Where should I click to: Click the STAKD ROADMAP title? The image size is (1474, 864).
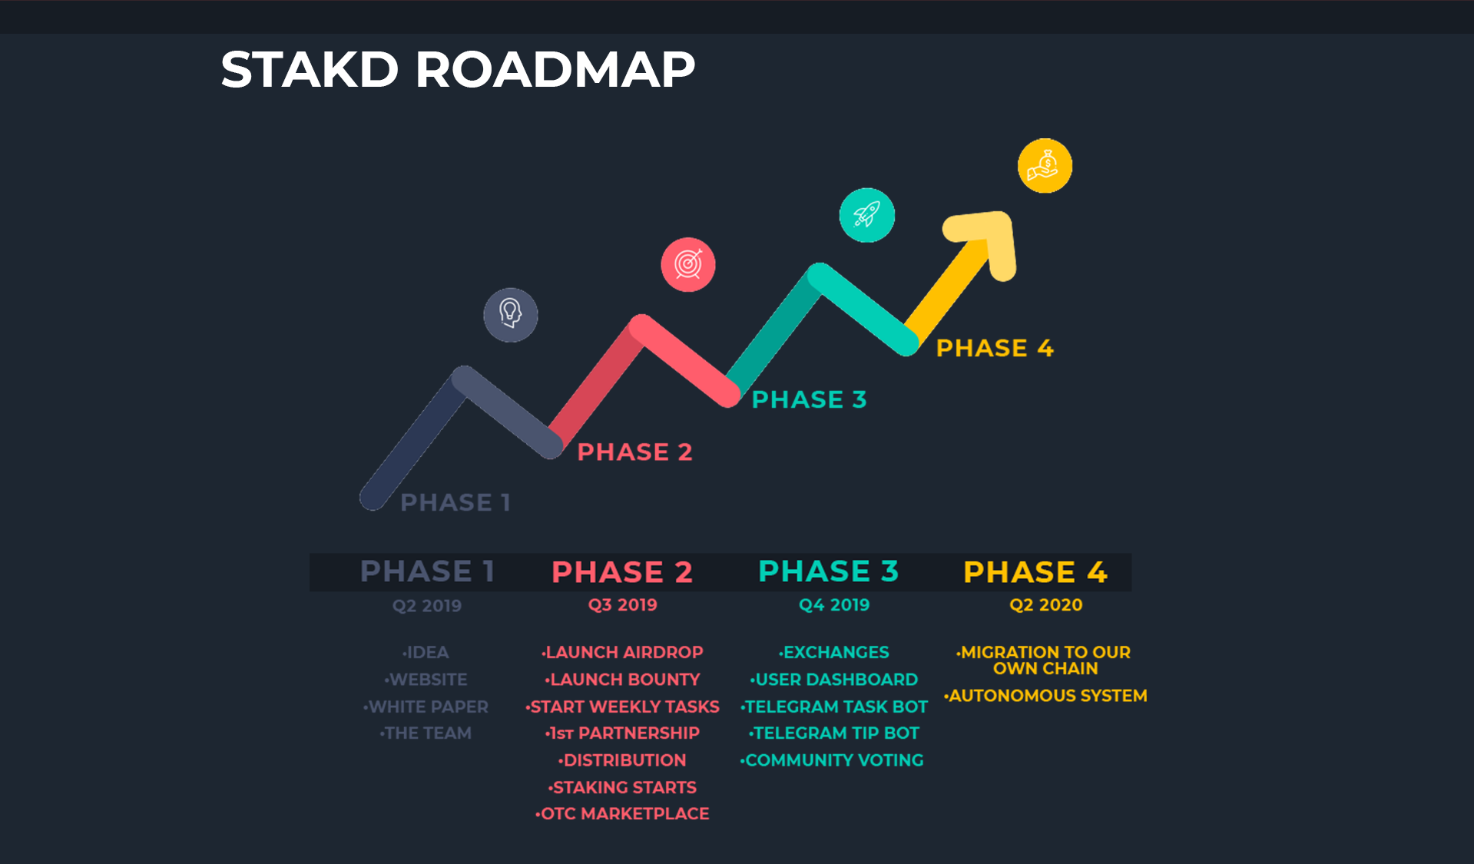coord(458,69)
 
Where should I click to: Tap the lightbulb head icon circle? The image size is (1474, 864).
coord(511,315)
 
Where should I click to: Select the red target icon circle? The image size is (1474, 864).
coord(688,264)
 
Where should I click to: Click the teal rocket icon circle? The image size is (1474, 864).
coord(867,215)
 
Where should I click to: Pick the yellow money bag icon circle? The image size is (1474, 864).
coord(1045,166)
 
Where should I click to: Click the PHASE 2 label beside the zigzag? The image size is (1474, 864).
coord(634,452)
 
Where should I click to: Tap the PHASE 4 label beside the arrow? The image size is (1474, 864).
coord(995,348)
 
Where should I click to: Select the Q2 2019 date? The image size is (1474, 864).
coord(427,605)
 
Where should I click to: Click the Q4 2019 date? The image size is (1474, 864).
coord(834,604)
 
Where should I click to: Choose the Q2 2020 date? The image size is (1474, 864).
coord(1046,604)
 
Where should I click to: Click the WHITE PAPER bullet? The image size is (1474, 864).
coord(426,707)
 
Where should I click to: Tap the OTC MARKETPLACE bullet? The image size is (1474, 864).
coord(622,813)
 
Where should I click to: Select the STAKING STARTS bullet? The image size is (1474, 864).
coord(622,787)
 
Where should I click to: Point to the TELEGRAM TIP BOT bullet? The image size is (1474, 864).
coord(834,733)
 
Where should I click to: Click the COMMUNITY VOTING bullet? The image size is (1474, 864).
coord(832,760)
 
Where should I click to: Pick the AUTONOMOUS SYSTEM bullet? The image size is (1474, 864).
coord(1045,695)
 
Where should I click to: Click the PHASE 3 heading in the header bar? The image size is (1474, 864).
coord(828,571)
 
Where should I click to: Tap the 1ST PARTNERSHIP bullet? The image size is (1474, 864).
coord(622,733)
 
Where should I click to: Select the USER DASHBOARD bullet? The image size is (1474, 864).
coord(834,679)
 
